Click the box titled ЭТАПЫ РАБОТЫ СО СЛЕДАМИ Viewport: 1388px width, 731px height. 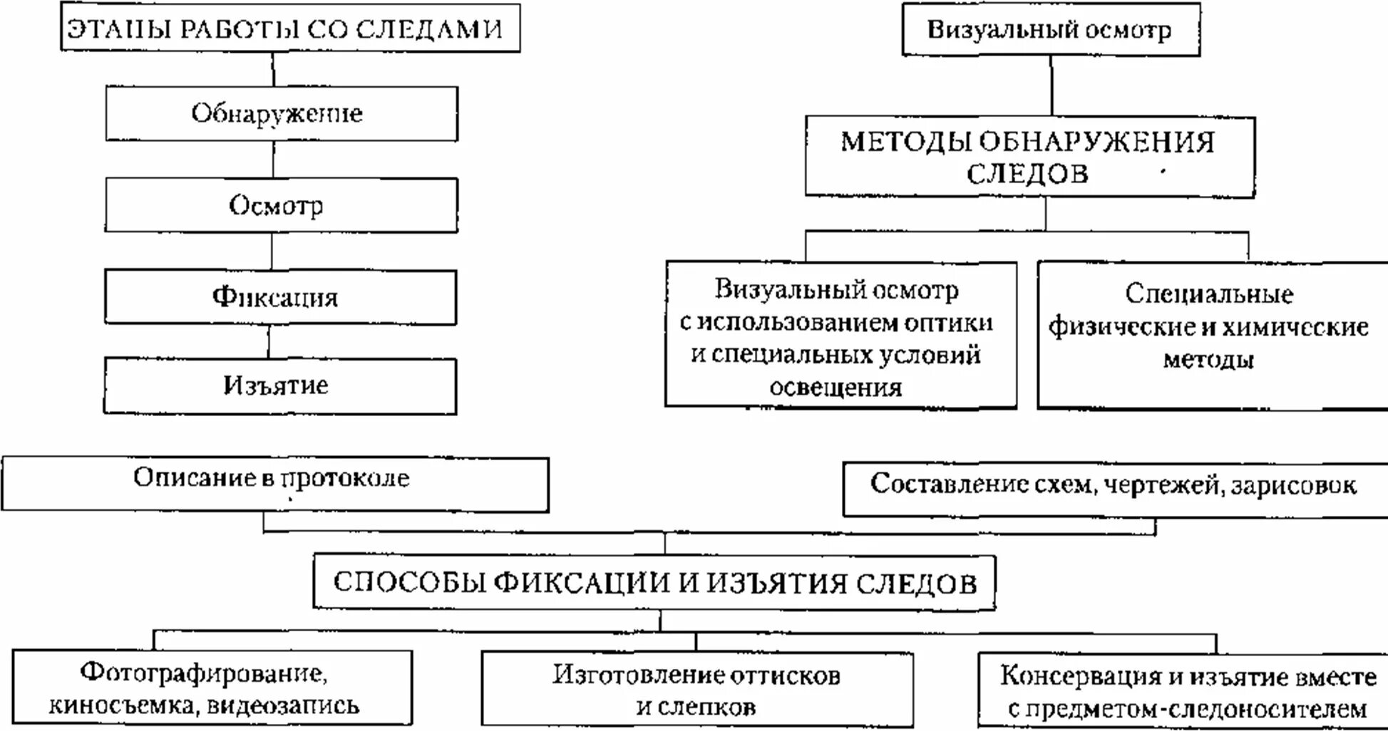290,28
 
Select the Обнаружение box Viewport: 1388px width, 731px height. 282,114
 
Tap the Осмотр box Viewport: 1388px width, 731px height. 281,205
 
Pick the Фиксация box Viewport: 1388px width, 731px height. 280,297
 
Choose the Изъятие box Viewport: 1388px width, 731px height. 279,385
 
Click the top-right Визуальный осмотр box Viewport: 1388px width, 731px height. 1050,30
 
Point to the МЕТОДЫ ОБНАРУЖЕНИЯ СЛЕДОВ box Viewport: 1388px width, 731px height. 1029,157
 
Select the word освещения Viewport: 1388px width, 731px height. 836,388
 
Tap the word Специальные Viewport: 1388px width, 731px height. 1209,294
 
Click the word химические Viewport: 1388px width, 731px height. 1295,327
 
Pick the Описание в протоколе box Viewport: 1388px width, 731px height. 274,484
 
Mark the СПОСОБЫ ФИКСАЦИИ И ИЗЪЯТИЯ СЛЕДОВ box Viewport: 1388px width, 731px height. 654,583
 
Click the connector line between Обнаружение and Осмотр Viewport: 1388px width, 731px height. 274,159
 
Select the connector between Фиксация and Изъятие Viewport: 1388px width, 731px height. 269,341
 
